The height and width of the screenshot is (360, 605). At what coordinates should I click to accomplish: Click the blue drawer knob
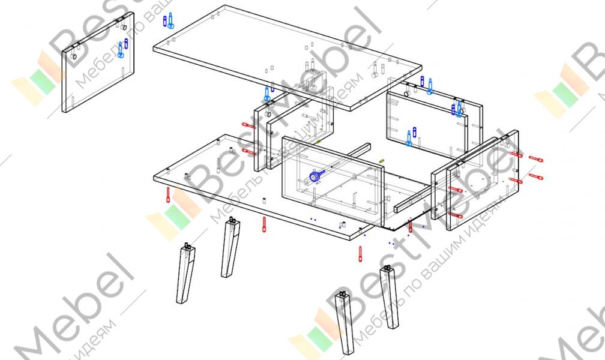point(314,176)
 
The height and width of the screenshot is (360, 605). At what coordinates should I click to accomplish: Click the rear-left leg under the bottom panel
point(231,247)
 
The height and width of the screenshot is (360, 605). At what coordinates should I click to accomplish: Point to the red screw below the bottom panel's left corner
point(168,195)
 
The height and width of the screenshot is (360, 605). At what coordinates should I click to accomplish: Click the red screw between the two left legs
point(264,224)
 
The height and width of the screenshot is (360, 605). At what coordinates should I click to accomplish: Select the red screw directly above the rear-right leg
point(361,253)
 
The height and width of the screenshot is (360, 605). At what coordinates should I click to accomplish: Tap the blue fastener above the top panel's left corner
point(170,21)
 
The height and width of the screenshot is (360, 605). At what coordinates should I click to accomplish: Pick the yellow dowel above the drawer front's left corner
point(319,142)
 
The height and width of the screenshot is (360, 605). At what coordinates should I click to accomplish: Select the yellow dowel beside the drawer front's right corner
point(382,161)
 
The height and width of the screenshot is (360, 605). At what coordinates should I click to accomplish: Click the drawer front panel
point(333,180)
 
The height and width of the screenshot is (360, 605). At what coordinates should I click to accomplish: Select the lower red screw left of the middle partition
point(248,151)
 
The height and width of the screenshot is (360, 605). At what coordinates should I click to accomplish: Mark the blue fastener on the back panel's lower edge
point(409,137)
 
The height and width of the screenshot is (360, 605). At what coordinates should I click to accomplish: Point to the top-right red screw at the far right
point(535,159)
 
